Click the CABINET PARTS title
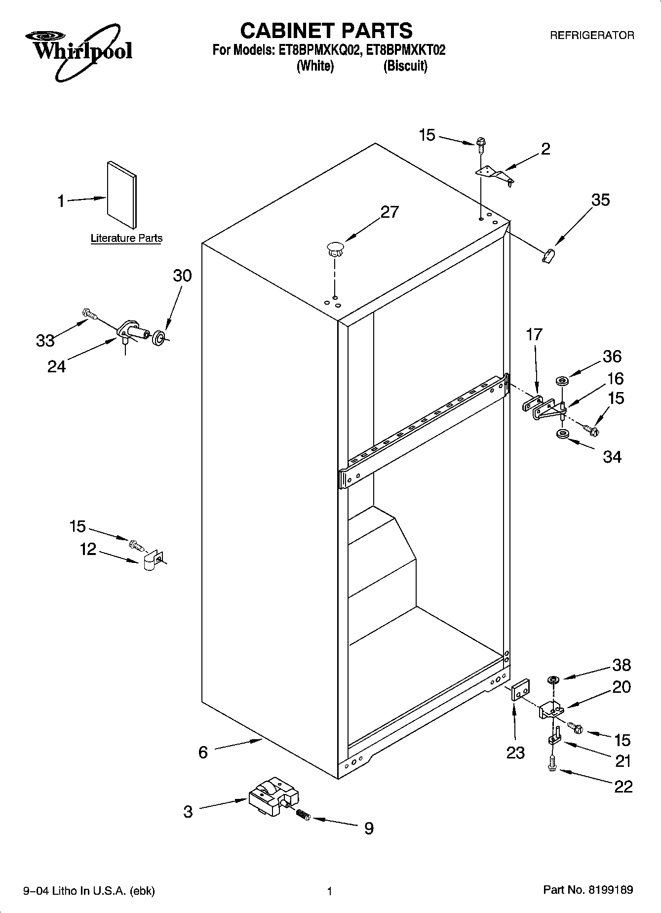pos(326,31)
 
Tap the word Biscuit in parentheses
pos(405,66)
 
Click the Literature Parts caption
pos(126,238)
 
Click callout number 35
pos(600,200)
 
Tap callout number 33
pos(45,340)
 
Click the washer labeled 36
pos(561,381)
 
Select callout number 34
pos(612,457)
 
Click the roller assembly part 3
pos(273,797)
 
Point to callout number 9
pos(369,828)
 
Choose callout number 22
pos(623,786)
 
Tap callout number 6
pos(203,752)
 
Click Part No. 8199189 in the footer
pos(588,890)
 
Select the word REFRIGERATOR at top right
pos(592,36)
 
